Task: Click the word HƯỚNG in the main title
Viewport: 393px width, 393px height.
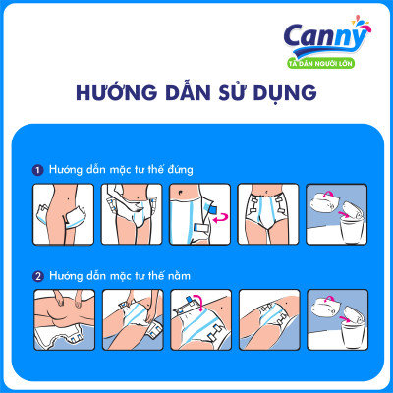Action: (x=112, y=93)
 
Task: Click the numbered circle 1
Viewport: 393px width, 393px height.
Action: (x=37, y=169)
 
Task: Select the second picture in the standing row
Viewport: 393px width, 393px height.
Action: (x=132, y=214)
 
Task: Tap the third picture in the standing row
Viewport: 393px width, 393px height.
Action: (x=199, y=214)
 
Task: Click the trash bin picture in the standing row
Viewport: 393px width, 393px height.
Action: (x=334, y=214)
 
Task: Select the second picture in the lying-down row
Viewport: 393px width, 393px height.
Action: (x=132, y=319)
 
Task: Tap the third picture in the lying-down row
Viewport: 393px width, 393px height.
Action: (x=199, y=319)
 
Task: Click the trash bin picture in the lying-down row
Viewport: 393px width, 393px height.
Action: (x=334, y=319)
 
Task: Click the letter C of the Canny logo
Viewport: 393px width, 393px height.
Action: (x=298, y=38)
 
